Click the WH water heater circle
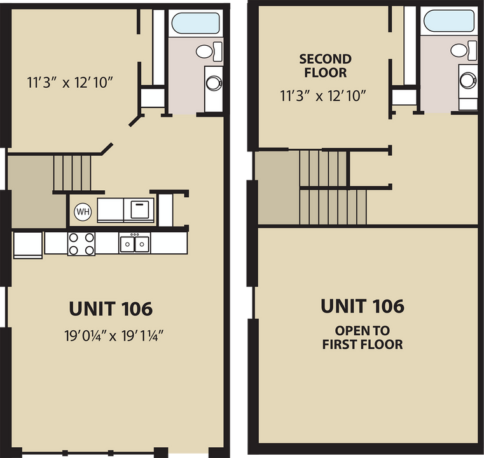(x=83, y=211)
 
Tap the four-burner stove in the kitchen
(x=81, y=243)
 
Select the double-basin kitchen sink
(x=135, y=243)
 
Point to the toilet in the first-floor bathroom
(x=208, y=51)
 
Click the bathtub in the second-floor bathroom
(x=449, y=21)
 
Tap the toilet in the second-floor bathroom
(x=462, y=50)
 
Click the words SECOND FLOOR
(x=325, y=66)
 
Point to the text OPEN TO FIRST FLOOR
(x=362, y=338)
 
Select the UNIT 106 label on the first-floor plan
(x=110, y=309)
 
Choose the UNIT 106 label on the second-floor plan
(x=362, y=306)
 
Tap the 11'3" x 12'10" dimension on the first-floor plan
(x=70, y=82)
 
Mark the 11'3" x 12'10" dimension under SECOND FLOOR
(x=325, y=95)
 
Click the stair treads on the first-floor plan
(x=73, y=172)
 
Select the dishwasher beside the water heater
(x=141, y=209)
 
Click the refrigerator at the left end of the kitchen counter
(x=27, y=245)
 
